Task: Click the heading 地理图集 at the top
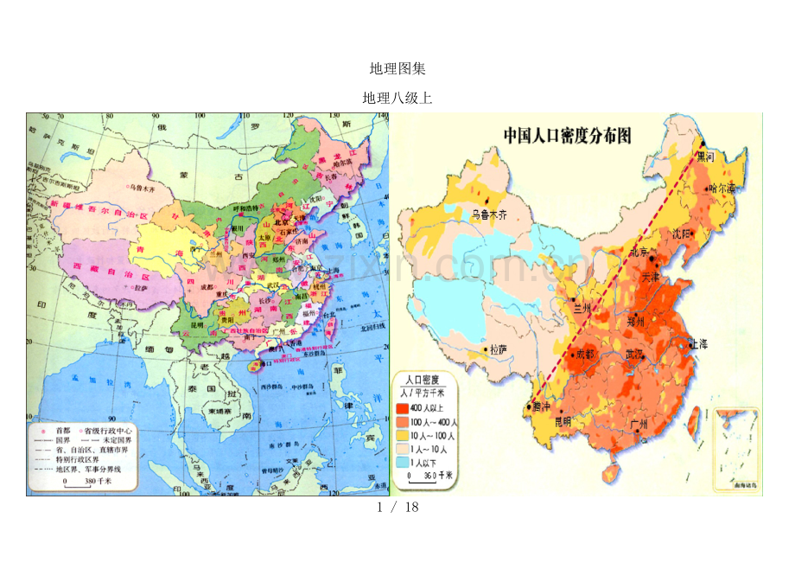tap(397, 69)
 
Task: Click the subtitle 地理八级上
tap(397, 99)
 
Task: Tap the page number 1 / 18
tap(397, 507)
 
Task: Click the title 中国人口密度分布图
tap(567, 136)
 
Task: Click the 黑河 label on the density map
tap(706, 157)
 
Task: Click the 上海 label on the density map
tap(697, 343)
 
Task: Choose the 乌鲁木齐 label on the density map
tap(490, 214)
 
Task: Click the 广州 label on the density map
tap(639, 424)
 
